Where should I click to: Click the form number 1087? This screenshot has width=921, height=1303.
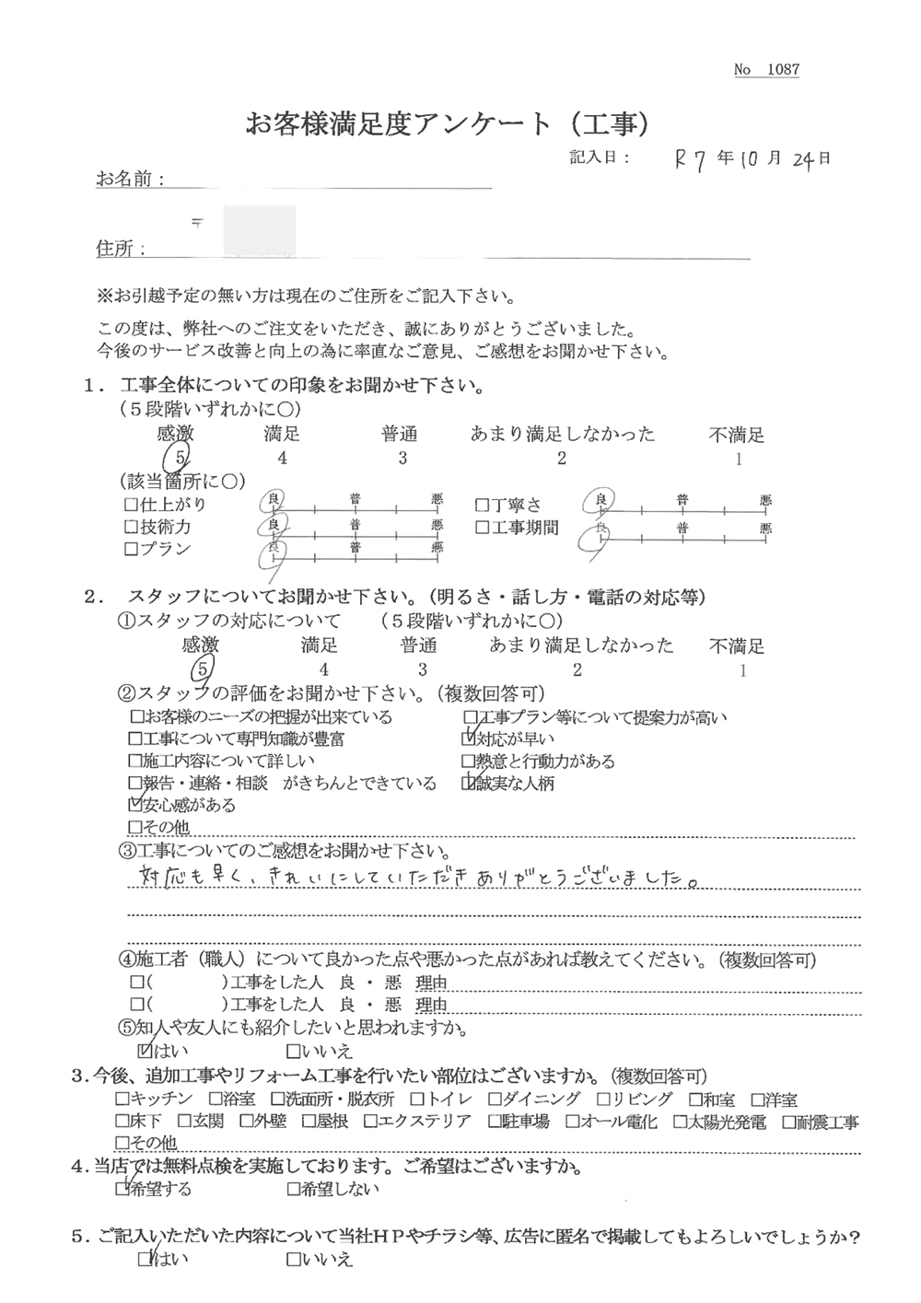(x=782, y=70)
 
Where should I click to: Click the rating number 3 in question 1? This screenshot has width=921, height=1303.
(x=402, y=458)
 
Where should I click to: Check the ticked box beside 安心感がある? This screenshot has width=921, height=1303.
(x=136, y=805)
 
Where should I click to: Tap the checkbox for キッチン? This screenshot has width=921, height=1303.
(x=122, y=1099)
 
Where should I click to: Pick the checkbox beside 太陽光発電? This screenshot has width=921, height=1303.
(x=680, y=1122)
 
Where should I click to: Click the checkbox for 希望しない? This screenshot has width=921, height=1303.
(x=293, y=1189)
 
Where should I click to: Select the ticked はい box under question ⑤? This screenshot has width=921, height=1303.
(x=144, y=1050)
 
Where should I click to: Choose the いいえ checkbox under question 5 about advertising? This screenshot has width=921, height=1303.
(x=293, y=1259)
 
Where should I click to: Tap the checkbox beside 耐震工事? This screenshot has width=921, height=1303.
(x=789, y=1122)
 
